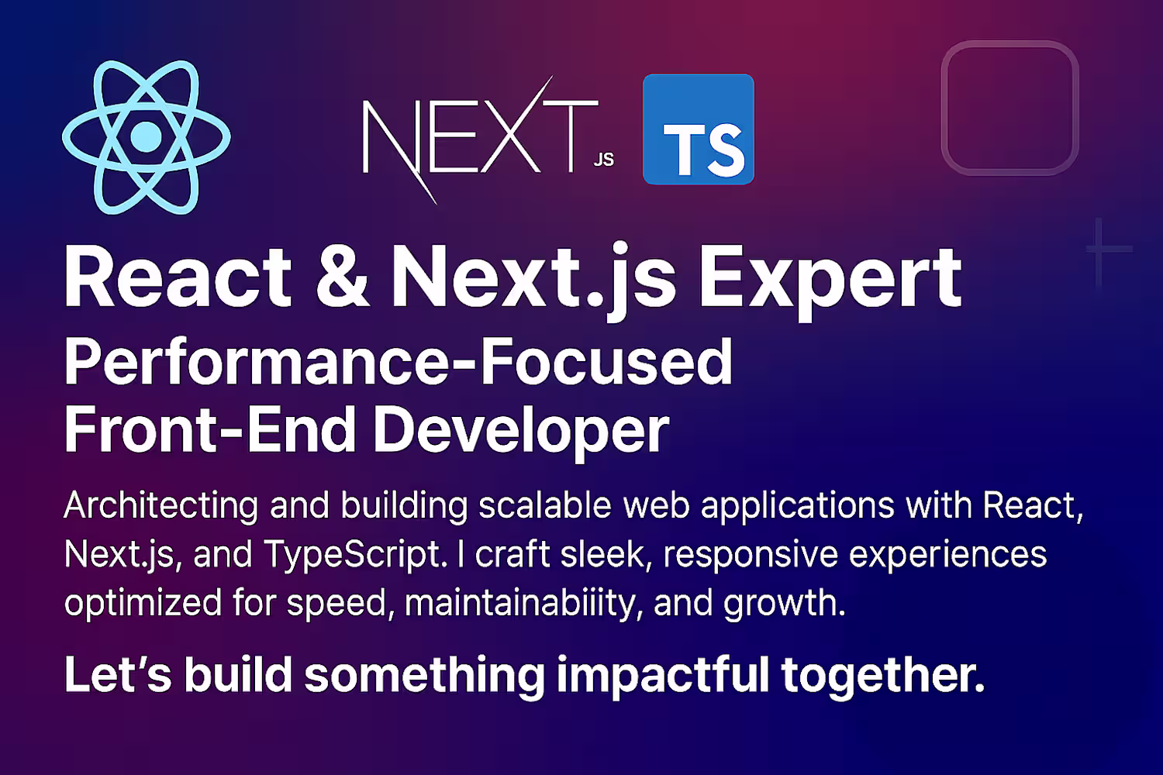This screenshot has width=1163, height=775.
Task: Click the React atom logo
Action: (x=147, y=136)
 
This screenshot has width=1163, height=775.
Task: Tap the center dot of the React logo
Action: (x=147, y=137)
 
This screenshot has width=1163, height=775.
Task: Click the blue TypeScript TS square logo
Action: (x=699, y=129)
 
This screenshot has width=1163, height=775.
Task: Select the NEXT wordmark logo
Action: (x=480, y=139)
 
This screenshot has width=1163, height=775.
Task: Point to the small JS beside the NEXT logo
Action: (x=604, y=160)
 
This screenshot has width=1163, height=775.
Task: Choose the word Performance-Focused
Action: (x=399, y=361)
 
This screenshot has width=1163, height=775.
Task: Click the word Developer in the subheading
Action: (x=521, y=432)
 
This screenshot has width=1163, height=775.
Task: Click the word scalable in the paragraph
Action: (x=544, y=505)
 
